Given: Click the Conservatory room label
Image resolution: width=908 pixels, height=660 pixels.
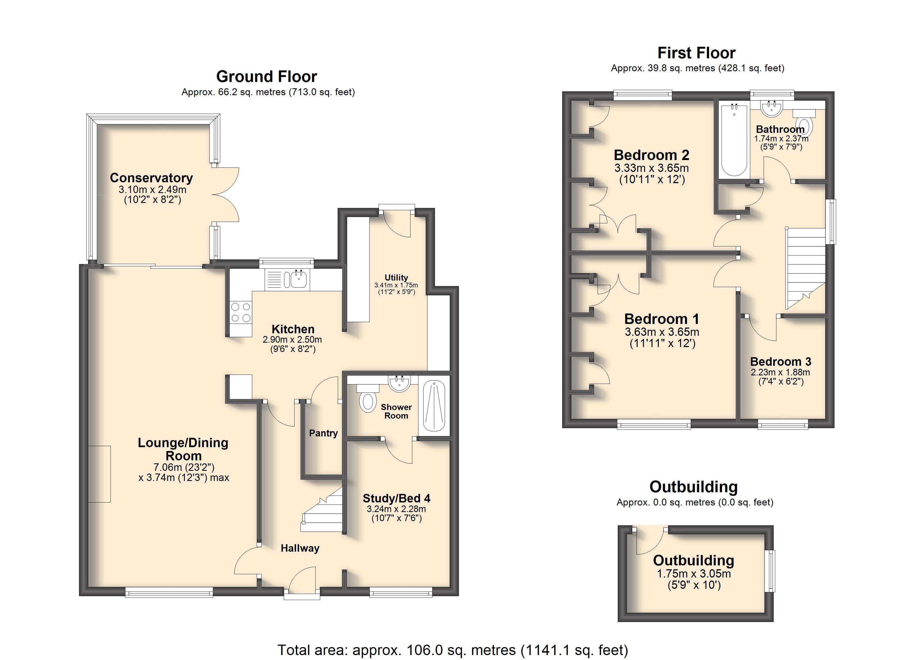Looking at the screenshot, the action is pyautogui.click(x=151, y=178).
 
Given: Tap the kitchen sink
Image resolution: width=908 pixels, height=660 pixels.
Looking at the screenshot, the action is pyautogui.click(x=296, y=279).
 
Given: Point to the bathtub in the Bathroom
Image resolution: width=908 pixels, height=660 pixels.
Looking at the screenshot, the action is pyautogui.click(x=734, y=140).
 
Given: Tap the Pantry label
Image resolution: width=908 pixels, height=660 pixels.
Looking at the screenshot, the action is pyautogui.click(x=324, y=433).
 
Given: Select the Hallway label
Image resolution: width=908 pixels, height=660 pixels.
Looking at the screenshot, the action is pyautogui.click(x=300, y=548).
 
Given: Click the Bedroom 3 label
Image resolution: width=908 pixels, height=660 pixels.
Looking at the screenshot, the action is pyautogui.click(x=781, y=362).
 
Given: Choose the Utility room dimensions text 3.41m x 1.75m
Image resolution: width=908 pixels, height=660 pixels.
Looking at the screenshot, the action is pyautogui.click(x=396, y=285).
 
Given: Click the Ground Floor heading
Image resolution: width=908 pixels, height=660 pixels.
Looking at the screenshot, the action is pyautogui.click(x=267, y=76).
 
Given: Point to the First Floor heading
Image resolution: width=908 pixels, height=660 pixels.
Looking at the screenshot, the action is pyautogui.click(x=697, y=53).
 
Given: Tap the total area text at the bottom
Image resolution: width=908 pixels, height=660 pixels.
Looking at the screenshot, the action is pyautogui.click(x=453, y=650).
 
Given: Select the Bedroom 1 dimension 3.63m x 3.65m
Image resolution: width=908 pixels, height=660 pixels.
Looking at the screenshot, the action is pyautogui.click(x=662, y=332).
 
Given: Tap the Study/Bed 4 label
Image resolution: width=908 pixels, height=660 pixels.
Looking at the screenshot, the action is pyautogui.click(x=396, y=498).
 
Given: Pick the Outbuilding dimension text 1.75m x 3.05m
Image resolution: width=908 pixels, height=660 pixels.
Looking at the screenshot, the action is pyautogui.click(x=694, y=574).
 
